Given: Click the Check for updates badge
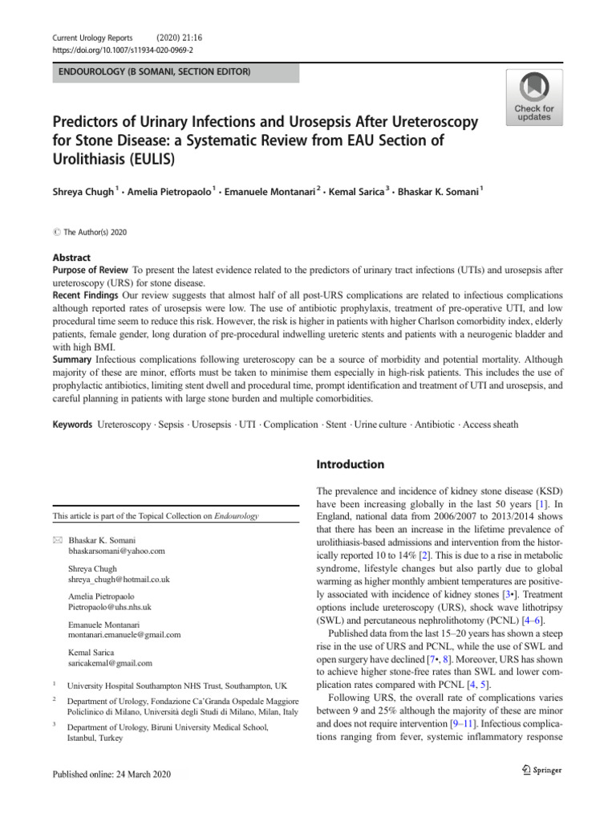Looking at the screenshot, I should pyautogui.click(x=533, y=96).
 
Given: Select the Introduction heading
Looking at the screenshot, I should pyautogui.click(x=351, y=464).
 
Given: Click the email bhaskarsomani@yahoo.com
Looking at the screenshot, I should pyautogui.click(x=117, y=551).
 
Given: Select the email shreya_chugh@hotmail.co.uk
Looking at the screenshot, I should pyautogui.click(x=119, y=579).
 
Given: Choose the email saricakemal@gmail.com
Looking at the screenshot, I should pyautogui.click(x=111, y=663).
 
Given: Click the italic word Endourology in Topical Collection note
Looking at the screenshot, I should pyautogui.click(x=232, y=516).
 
